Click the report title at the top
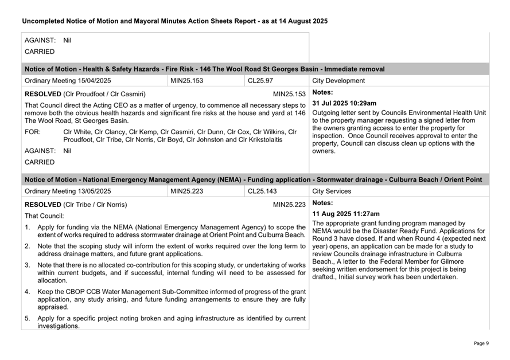pyautogui.click(x=174, y=21)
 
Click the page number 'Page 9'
pyautogui.click(x=481, y=343)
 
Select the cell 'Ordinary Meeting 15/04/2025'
pyautogui.click(x=68, y=81)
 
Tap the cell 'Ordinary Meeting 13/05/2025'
pyautogui.click(x=68, y=191)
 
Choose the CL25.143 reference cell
pyautogui.click(x=262, y=191)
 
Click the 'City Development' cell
pyautogui.click(x=338, y=81)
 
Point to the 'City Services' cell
pyautogui.click(x=333, y=191)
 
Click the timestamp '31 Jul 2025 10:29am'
pyautogui.click(x=344, y=103)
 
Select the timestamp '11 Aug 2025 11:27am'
pyautogui.click(x=345, y=214)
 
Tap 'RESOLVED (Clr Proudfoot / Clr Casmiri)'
pyautogui.click(x=85, y=94)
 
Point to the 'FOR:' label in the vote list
pyautogui.click(x=33, y=131)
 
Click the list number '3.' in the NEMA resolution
pyautogui.click(x=28, y=265)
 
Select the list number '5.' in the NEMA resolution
pyautogui.click(x=28, y=318)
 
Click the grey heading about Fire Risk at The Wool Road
pyautogui.click(x=205, y=69)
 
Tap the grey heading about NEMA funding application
pyautogui.click(x=253, y=179)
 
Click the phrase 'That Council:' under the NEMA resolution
pyautogui.click(x=44, y=216)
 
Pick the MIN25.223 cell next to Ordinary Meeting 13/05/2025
pyautogui.click(x=186, y=191)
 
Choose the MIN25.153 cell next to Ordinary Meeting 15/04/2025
pyautogui.click(x=186, y=81)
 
